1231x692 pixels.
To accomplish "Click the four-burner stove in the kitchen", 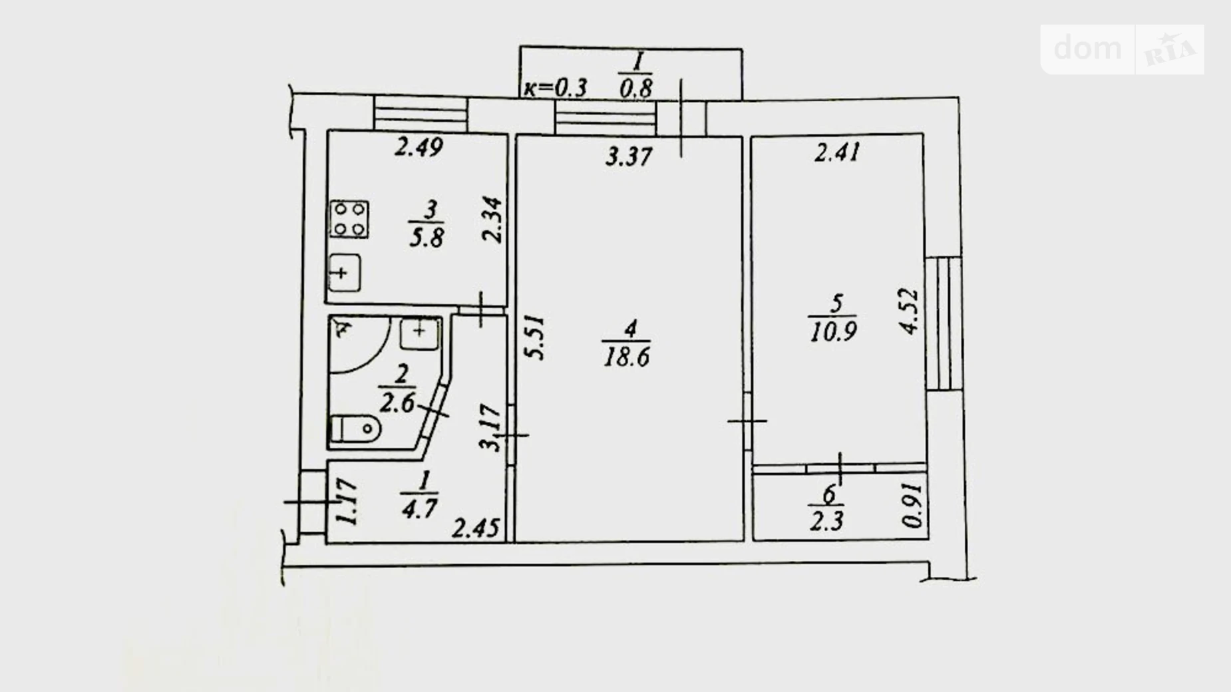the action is [x=349, y=219].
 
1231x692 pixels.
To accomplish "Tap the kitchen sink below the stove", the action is [x=344, y=272].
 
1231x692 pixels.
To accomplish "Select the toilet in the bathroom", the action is [x=355, y=429].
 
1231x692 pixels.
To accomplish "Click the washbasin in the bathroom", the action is [x=419, y=333].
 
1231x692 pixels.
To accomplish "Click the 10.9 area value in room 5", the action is [x=833, y=331].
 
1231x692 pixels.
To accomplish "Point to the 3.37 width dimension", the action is [x=629, y=157].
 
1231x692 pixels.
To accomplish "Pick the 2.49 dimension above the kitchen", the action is [x=419, y=146].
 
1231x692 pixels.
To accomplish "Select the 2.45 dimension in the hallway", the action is [x=476, y=528].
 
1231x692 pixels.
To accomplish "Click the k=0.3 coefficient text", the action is [x=556, y=87].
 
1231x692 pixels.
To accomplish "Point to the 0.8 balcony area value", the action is [x=636, y=88].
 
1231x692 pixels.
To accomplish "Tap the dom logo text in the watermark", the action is [x=1088, y=48].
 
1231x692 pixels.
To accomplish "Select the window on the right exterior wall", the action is [x=944, y=323].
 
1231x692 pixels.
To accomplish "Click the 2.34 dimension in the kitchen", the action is [x=493, y=220].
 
